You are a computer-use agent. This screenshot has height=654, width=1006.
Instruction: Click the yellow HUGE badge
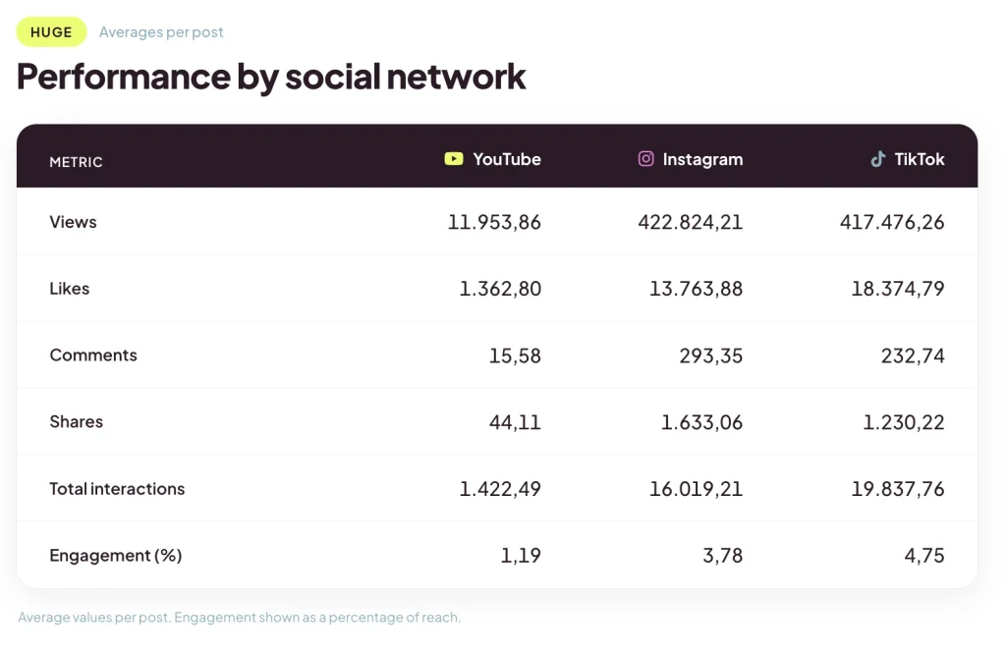51,32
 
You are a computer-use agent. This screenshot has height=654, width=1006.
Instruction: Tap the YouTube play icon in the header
454,158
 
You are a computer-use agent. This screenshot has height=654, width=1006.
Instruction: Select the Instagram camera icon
646,158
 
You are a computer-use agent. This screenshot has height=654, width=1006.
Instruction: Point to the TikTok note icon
877,158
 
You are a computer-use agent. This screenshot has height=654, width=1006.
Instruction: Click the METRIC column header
76,162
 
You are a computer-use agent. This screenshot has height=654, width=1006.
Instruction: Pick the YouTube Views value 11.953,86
494,222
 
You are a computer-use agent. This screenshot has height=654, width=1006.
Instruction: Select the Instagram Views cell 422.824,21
691,222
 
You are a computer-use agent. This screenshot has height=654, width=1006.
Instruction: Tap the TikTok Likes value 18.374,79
898,289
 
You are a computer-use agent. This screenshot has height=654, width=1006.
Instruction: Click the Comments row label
93,355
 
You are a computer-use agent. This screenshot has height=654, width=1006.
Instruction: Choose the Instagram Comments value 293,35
711,355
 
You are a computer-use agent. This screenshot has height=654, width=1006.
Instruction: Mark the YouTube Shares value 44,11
515,422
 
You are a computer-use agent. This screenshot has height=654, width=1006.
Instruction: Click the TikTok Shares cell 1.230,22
904,422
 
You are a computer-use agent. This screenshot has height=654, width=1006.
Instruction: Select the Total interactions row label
117,489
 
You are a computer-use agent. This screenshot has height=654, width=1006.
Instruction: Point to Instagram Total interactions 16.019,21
697,489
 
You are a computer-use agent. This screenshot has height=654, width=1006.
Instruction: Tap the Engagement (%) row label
116,555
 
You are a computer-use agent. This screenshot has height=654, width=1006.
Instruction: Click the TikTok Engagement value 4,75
924,555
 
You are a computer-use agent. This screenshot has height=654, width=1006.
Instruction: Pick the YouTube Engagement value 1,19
521,555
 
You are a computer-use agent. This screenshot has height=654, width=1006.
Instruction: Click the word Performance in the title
123,77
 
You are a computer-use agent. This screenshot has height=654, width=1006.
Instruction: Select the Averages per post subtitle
161,32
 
